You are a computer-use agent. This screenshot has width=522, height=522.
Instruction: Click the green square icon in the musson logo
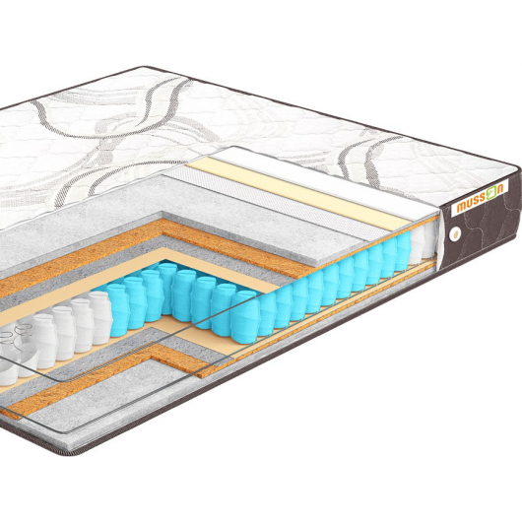pos(491,194)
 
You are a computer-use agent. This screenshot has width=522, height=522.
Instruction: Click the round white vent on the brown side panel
pos(453,234)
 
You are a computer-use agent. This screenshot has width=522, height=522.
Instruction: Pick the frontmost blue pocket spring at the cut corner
pos(245,316)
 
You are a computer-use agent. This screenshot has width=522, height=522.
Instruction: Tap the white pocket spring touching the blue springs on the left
pos(100,317)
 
